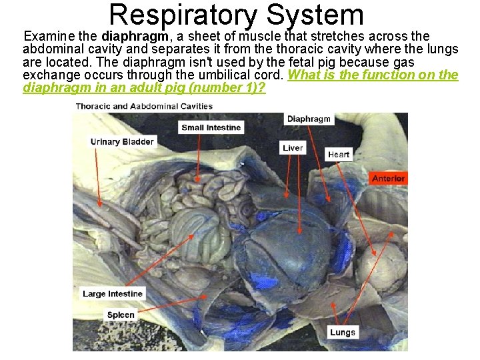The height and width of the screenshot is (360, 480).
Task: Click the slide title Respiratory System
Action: click(237, 15)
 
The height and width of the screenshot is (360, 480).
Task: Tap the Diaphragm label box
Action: click(309, 119)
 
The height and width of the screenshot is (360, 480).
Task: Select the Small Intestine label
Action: click(211, 127)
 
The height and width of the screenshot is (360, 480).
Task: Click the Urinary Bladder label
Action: click(122, 141)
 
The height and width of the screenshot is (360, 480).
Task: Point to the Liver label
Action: click(293, 148)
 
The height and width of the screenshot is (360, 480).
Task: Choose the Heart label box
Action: click(339, 155)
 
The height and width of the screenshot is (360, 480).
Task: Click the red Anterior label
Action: click(388, 178)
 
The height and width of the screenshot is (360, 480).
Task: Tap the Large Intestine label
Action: click(113, 294)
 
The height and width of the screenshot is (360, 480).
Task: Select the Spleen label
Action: click(121, 315)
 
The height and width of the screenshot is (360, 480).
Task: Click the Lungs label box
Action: click(343, 332)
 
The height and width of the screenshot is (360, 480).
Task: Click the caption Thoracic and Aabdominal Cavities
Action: click(144, 106)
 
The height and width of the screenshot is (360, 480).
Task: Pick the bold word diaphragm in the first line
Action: click(135, 36)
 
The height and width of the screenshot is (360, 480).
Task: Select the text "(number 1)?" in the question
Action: click(233, 88)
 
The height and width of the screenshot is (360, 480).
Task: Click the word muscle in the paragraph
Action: click(262, 36)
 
